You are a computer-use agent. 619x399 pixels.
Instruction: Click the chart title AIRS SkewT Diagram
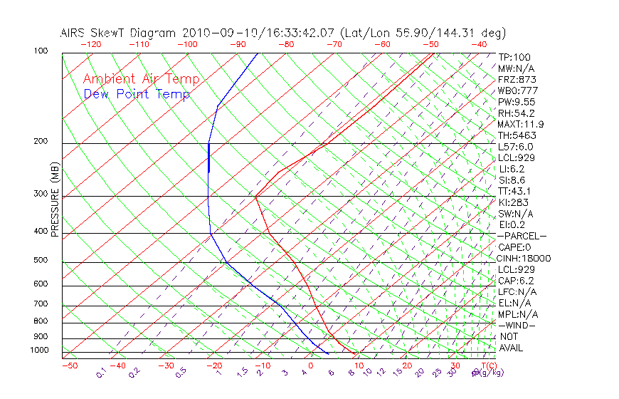tap(119, 33)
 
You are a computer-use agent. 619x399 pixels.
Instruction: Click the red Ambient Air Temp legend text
tap(141, 79)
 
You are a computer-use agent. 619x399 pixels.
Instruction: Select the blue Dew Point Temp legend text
tap(137, 94)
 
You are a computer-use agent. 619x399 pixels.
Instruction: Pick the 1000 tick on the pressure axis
tap(38, 351)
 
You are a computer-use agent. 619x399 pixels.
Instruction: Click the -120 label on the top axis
tap(90, 44)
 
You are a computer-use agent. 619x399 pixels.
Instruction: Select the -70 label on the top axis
tap(334, 44)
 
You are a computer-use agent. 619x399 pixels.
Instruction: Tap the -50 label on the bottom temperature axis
tap(69, 366)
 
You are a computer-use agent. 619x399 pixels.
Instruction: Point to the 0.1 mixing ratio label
tap(102, 373)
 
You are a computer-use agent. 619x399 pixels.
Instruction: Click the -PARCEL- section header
tap(522, 236)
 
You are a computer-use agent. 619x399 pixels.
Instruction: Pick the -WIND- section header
tap(517, 325)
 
